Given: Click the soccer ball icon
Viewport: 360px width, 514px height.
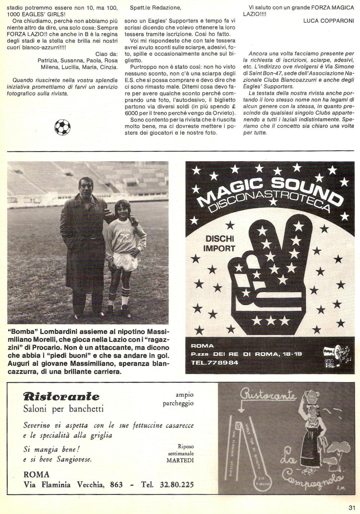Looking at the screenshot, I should [x=62, y=127].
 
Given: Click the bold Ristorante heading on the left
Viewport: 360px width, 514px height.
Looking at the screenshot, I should [x=61, y=396].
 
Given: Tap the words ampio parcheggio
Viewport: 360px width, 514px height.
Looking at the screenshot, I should [x=178, y=399].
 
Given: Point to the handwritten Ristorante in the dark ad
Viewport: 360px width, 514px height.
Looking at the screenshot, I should [x=269, y=396].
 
